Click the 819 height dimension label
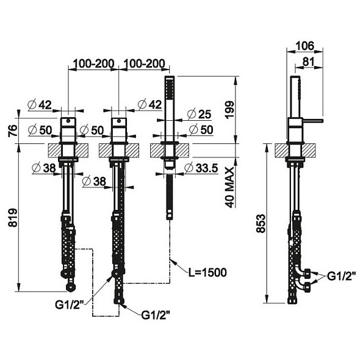point(13,217)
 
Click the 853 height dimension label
point(261,223)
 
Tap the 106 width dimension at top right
point(304,46)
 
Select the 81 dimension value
point(308,62)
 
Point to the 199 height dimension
point(229,109)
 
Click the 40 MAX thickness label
point(229,187)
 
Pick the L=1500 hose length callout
point(207,273)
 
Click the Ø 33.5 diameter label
point(201,168)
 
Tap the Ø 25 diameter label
point(199,114)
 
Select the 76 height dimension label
point(13,131)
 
